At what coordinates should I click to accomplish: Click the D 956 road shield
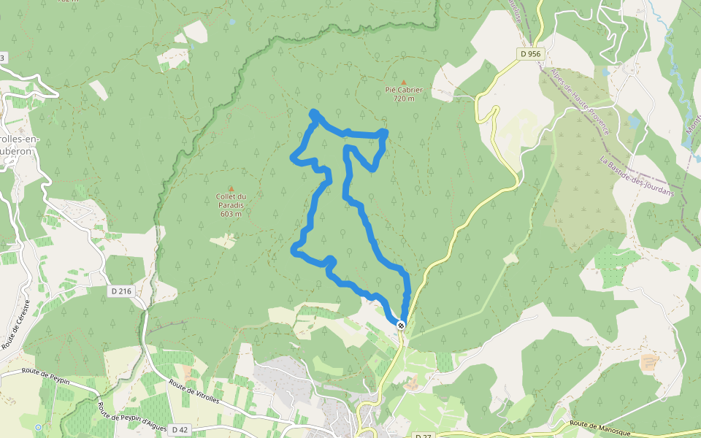(x=531, y=53)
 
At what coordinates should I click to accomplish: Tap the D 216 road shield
(x=122, y=291)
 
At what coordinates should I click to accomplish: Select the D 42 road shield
(x=180, y=430)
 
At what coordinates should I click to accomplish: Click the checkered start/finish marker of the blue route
(x=401, y=324)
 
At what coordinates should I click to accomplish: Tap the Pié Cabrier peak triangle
(x=404, y=82)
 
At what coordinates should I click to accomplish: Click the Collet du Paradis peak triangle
(x=231, y=188)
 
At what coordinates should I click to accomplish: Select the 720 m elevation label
(x=404, y=99)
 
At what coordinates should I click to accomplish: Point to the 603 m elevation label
(x=231, y=214)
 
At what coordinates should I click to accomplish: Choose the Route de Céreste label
(x=16, y=324)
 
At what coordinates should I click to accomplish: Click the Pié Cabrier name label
(x=404, y=91)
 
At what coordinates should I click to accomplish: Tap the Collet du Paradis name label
(x=231, y=201)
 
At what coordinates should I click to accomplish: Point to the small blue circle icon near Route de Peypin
(x=38, y=427)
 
